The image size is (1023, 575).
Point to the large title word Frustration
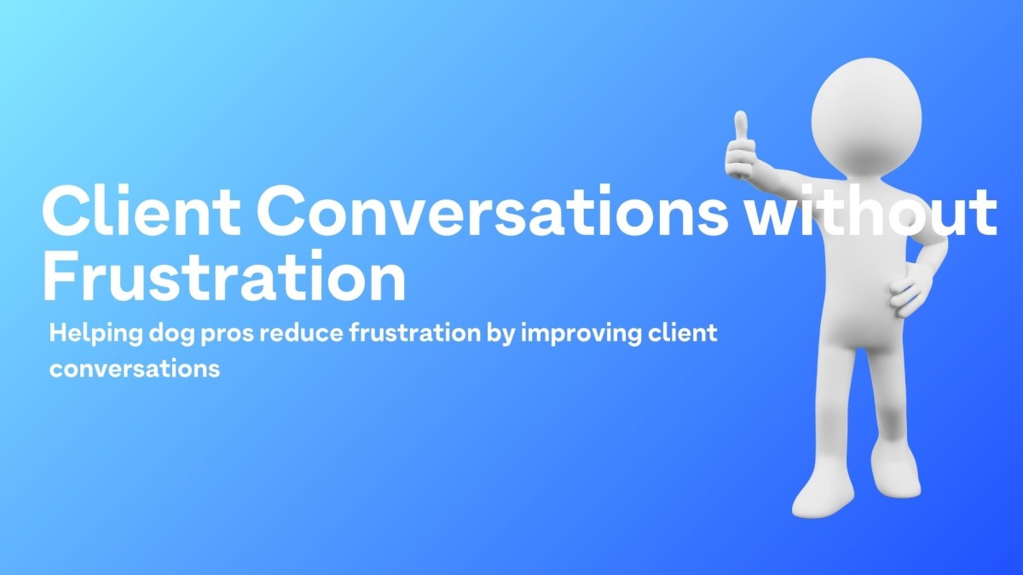pyautogui.click(x=224, y=278)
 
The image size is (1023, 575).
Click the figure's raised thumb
pyautogui.click(x=740, y=128)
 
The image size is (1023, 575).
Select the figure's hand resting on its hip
pyautogui.click(x=910, y=290)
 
